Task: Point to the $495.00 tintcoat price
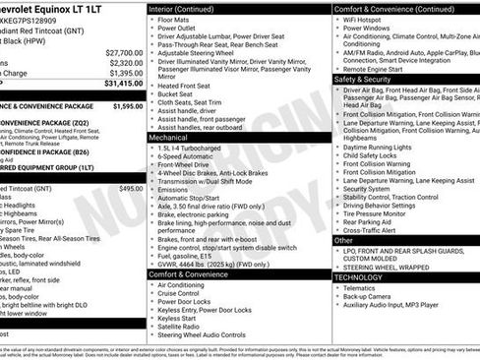click(x=131, y=188)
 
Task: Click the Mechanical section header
click(x=169, y=138)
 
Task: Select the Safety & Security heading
click(x=363, y=79)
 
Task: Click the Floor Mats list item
click(x=177, y=19)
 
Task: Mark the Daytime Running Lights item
click(x=385, y=147)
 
